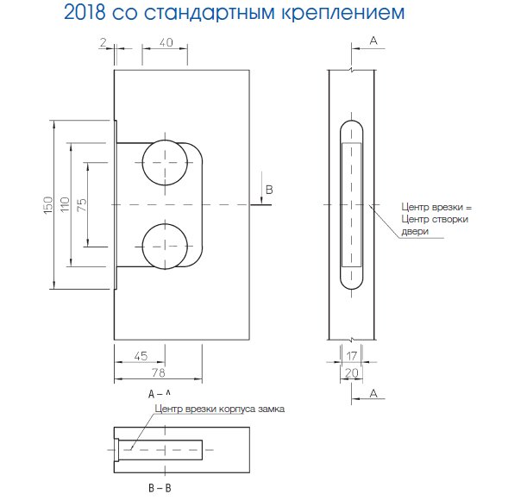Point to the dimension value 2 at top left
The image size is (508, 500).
pos(102,42)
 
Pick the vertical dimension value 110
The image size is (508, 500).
pos(65,204)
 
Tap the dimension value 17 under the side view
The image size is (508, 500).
pos(351,356)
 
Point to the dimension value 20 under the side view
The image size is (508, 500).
pos(351,372)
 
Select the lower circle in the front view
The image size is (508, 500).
pos(165,246)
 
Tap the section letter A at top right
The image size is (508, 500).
pos(373,41)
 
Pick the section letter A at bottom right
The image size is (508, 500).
pos(373,393)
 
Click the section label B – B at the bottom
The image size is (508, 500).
pos(160,488)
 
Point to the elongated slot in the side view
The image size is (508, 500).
pos(352,204)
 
